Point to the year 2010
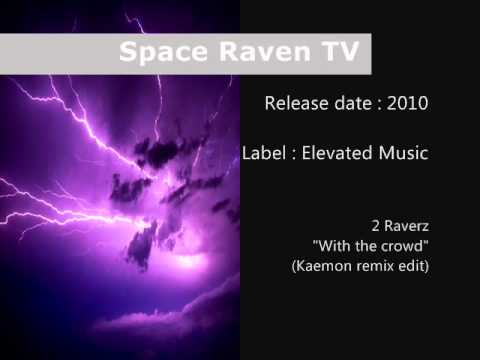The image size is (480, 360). point(407,103)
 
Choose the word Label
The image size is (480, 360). point(263,153)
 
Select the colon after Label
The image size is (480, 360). point(293,154)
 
